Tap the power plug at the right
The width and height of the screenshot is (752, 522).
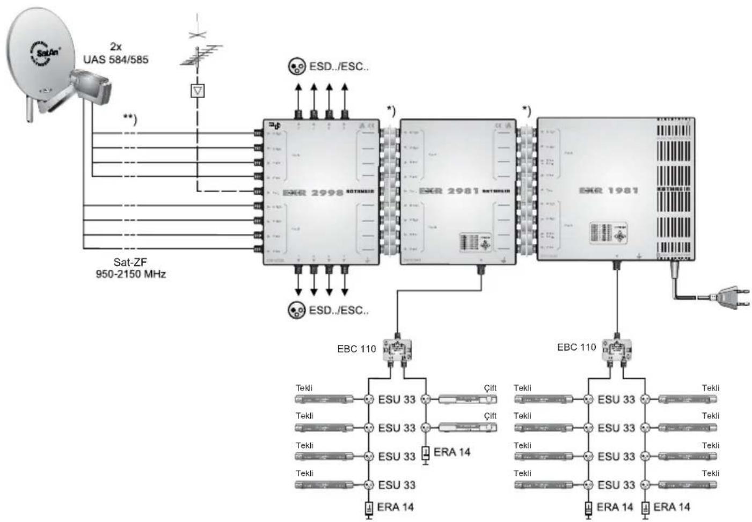727,297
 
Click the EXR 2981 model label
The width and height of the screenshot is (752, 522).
449,191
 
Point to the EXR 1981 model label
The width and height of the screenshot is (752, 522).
608,190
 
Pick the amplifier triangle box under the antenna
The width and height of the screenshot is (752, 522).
198,91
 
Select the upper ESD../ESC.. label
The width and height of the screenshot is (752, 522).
339,67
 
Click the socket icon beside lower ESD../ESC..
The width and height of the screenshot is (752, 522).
297,311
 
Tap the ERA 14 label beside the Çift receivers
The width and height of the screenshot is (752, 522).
451,452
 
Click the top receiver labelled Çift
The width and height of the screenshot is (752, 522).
467,399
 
